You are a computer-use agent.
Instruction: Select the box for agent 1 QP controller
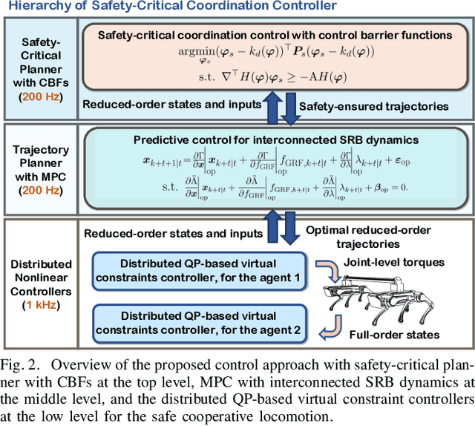[x=198, y=268]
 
